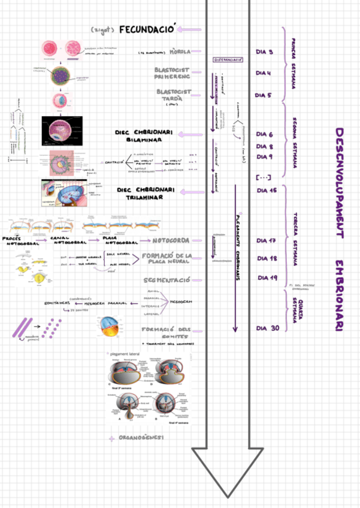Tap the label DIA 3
point(264,52)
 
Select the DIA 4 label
point(264,73)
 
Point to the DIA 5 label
point(264,95)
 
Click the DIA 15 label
point(266,190)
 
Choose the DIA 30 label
point(267,328)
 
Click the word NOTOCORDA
point(171,240)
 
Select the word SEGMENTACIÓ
point(167,280)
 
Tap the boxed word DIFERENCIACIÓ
point(228,60)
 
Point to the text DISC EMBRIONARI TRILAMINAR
point(146,193)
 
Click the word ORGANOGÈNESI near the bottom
point(141,439)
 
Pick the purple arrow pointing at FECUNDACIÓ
point(192,29)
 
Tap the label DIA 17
point(266,240)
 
